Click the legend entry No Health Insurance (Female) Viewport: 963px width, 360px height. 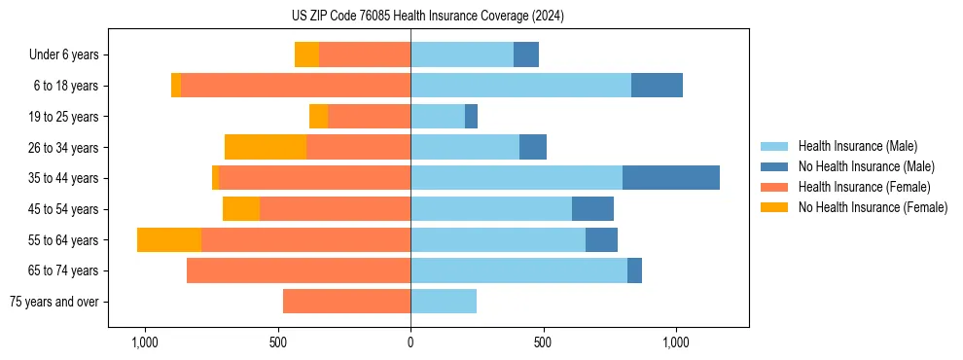tap(873, 207)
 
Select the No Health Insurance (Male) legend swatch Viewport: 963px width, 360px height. tap(775, 166)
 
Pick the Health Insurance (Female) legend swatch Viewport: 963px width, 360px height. tap(775, 187)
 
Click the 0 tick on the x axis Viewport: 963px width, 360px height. tap(410, 342)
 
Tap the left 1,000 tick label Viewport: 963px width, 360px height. tap(144, 342)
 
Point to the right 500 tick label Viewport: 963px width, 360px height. tap(543, 342)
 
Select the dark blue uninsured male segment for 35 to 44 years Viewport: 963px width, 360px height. tap(671, 178)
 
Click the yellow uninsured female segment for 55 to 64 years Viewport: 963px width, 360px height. tap(169, 239)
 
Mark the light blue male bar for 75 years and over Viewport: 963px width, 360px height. tap(444, 302)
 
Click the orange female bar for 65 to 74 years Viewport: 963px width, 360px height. tap(299, 270)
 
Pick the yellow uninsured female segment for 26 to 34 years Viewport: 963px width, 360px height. tap(266, 147)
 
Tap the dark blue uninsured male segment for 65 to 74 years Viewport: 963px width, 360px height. tap(634, 270)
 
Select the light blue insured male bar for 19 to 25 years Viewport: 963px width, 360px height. tap(438, 117)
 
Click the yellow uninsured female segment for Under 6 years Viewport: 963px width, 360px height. tap(306, 55)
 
